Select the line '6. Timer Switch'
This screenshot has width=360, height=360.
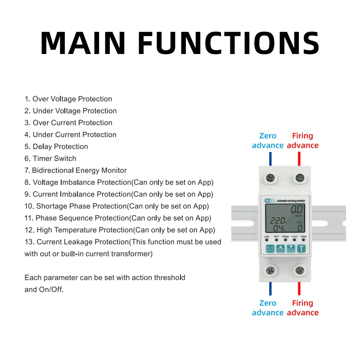[x=50, y=158]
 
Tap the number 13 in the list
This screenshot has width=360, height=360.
[x=28, y=242]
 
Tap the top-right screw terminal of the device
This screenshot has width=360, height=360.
[x=299, y=178]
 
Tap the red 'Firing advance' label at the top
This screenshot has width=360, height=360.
[x=302, y=140]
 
